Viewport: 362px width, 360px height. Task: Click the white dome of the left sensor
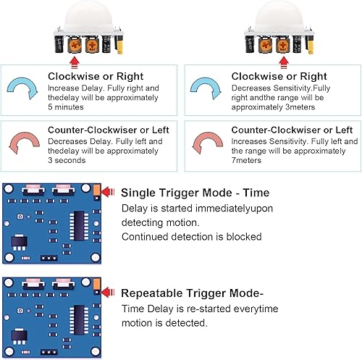coord(88,17)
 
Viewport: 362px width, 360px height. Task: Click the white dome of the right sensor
coord(279,17)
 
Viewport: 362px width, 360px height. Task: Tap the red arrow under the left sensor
coord(75,62)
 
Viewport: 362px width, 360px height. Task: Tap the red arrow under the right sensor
coord(284,62)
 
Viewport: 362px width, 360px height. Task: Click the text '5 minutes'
coord(66,107)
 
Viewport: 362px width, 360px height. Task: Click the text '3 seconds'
coord(67,160)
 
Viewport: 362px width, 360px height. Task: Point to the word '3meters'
coord(300,107)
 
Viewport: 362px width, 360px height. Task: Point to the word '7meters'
coord(246,160)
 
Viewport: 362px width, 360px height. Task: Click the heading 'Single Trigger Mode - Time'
coord(195,193)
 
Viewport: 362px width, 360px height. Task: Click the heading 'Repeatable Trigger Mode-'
coord(192,293)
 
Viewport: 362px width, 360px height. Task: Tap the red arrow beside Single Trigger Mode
coord(107,192)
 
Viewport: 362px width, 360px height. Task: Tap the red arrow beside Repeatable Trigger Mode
coord(107,293)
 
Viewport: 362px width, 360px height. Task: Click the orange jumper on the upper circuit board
coord(96,190)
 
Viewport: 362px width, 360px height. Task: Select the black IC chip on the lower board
coord(79,320)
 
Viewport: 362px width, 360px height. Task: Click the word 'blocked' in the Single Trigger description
coord(244,237)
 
